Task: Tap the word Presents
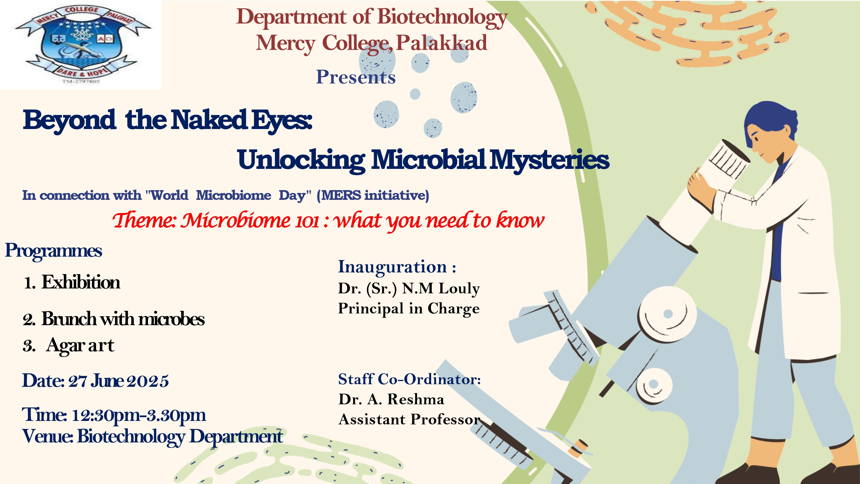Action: tap(356, 77)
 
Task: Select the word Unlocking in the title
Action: tap(301, 160)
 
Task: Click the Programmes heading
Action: tap(53, 251)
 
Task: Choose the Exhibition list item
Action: tap(81, 282)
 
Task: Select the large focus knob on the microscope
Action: tap(667, 314)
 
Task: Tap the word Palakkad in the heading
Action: tap(441, 43)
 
